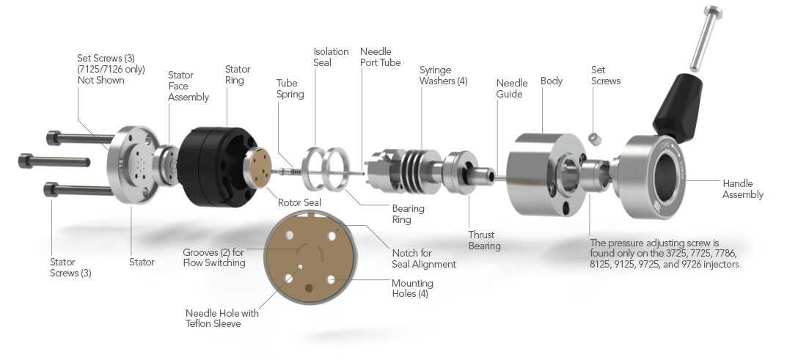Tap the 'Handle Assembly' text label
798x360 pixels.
[x=742, y=189]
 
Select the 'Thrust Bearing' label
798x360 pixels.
[x=484, y=240]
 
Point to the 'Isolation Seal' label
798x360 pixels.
[x=332, y=57]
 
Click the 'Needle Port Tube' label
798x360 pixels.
[x=380, y=57]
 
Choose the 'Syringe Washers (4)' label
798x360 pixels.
[x=443, y=76]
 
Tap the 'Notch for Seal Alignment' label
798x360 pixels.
[x=423, y=258]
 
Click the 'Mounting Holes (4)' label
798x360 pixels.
[x=412, y=288]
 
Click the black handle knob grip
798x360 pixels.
[x=679, y=103]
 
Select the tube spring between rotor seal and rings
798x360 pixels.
[x=290, y=171]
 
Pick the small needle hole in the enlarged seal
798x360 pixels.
[x=291, y=278]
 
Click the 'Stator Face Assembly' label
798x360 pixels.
[x=188, y=86]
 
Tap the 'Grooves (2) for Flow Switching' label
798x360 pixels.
[x=213, y=257]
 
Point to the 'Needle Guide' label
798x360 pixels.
[x=511, y=89]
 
